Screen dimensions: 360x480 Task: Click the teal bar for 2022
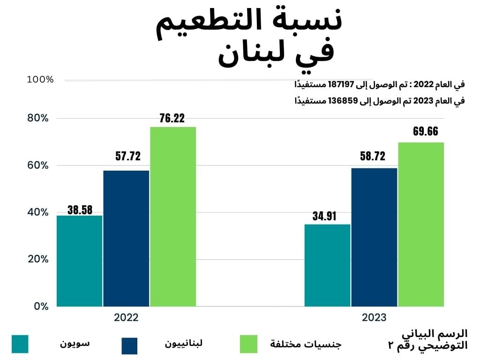[79, 261]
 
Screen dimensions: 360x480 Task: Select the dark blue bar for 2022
[126, 238]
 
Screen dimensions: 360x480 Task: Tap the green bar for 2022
[173, 217]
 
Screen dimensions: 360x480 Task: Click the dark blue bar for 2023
[374, 237]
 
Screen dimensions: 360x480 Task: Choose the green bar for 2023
[421, 224]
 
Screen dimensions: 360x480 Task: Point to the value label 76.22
[172, 118]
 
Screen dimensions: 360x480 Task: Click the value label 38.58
[80, 210]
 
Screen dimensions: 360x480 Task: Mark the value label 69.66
[425, 131]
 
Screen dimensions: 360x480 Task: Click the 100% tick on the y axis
[40, 80]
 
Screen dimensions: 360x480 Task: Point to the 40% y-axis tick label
[37, 212]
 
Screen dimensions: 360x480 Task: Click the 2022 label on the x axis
[126, 317]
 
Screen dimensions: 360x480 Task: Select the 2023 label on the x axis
[374, 317]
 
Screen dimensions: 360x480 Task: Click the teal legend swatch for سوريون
[20, 344]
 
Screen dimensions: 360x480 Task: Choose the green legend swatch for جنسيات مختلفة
[248, 344]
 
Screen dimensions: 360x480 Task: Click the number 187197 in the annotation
[364, 85]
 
